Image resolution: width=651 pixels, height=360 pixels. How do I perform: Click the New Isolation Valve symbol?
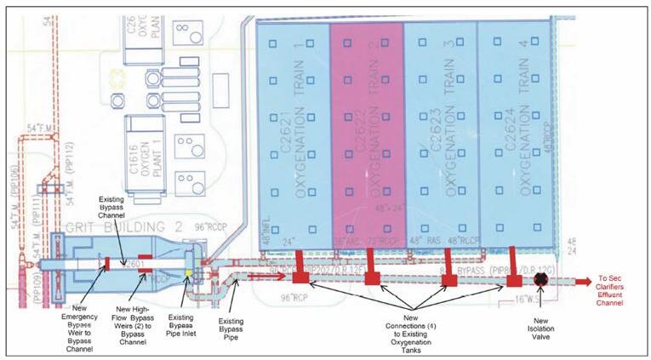coord(540,279)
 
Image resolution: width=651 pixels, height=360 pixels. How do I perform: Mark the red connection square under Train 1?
coord(300,277)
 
